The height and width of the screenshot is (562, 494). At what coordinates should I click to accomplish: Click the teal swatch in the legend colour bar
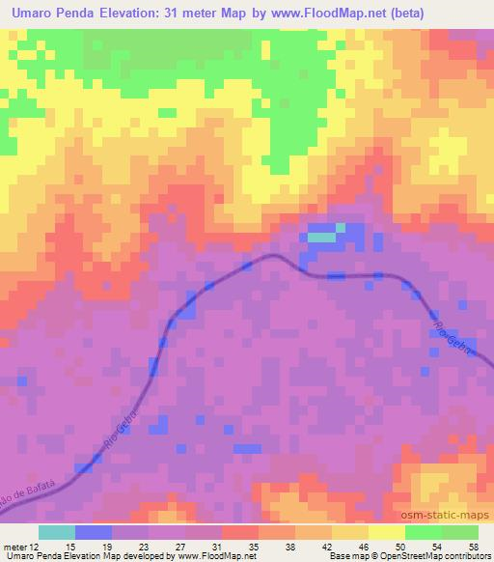(57, 532)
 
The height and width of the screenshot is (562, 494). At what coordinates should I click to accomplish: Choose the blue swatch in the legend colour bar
(94, 532)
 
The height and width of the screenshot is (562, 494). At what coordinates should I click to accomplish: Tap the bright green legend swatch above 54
(424, 532)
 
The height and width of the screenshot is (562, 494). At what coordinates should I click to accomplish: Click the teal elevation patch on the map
(321, 237)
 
